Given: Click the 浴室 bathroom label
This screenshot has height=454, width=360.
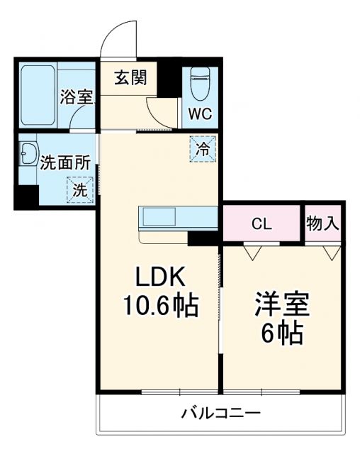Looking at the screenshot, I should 77,97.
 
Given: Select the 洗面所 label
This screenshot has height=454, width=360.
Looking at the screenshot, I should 64,162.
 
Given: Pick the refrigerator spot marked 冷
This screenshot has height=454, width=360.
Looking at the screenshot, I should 203,149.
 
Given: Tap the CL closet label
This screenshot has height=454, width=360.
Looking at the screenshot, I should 261,223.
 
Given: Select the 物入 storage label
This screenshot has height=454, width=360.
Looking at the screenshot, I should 323,223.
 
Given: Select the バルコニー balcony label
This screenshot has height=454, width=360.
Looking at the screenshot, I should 220,413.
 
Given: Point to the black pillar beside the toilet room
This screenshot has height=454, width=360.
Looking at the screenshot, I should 170,79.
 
